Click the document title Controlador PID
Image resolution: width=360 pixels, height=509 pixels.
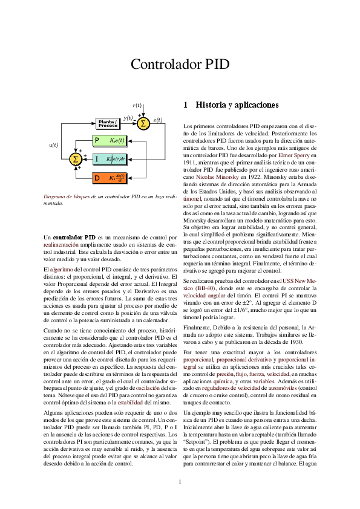coord(180,65)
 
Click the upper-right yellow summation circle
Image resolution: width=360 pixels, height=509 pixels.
coord(143,124)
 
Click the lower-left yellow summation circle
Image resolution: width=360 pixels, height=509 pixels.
coord(76,159)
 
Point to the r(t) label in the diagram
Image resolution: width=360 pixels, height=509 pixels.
coord(137,105)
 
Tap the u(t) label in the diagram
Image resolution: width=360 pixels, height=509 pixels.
coord(53,145)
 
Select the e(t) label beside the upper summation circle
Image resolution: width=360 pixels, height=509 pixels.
coord(157,120)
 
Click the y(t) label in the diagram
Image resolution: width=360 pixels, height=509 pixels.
coord(128,118)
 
